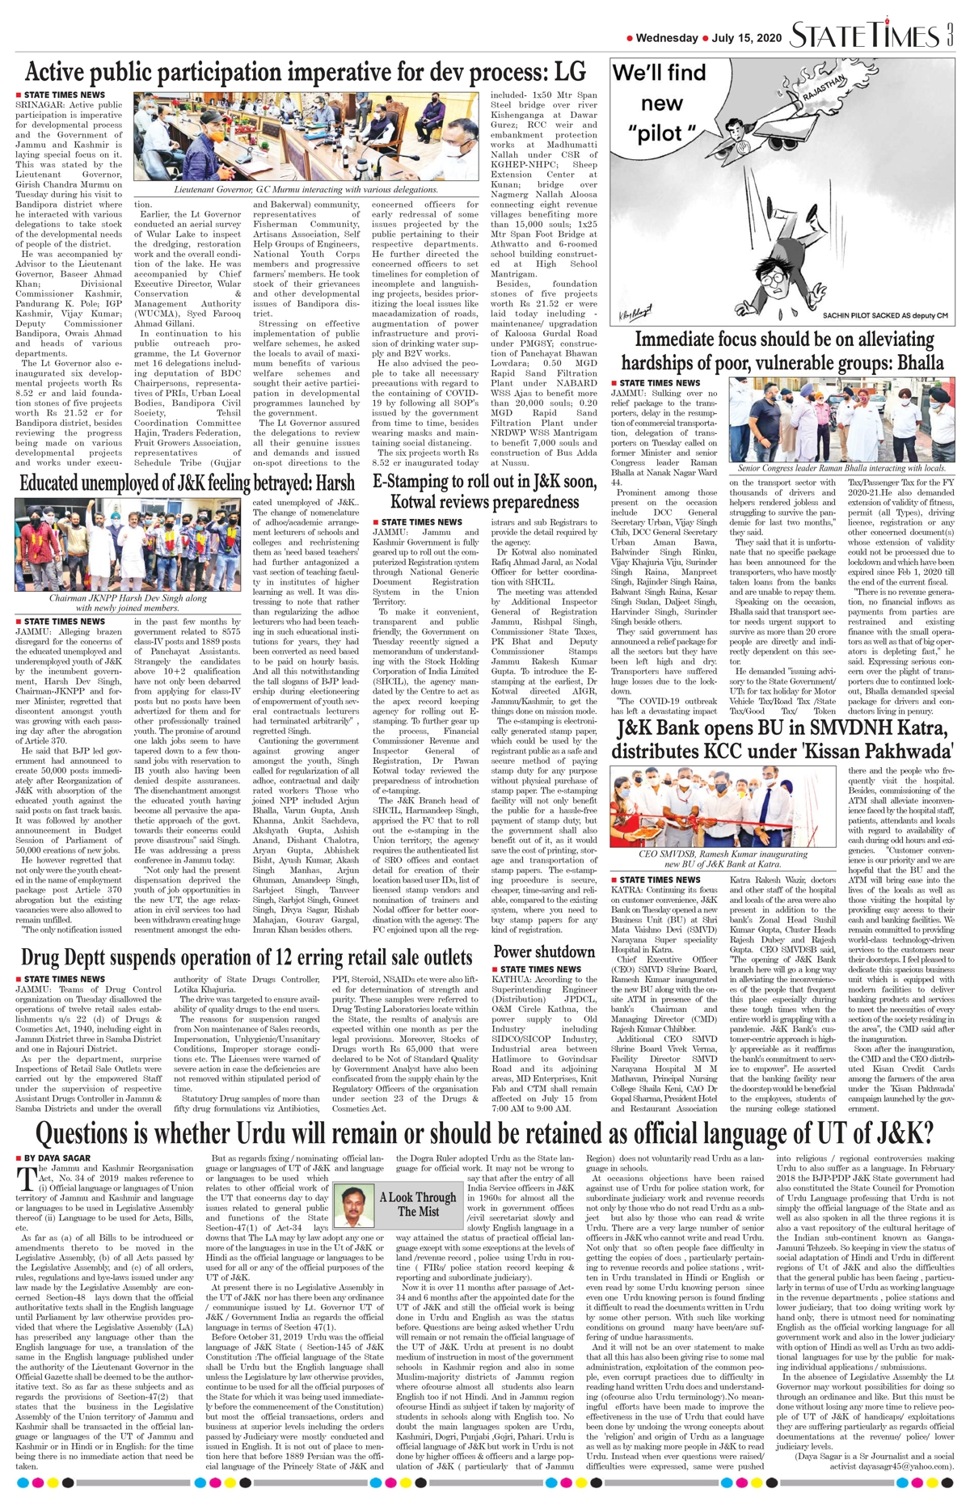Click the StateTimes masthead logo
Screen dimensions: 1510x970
click(864, 36)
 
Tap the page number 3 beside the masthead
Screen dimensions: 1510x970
click(951, 36)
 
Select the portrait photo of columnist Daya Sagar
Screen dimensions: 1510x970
click(353, 1205)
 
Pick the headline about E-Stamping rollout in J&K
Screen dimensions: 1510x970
click(485, 491)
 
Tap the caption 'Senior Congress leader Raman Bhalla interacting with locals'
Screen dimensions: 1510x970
click(841, 468)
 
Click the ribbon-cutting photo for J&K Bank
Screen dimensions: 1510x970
click(723, 806)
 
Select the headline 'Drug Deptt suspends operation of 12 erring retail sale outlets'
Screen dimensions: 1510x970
click(247, 958)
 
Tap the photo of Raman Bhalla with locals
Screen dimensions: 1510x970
click(841, 420)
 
